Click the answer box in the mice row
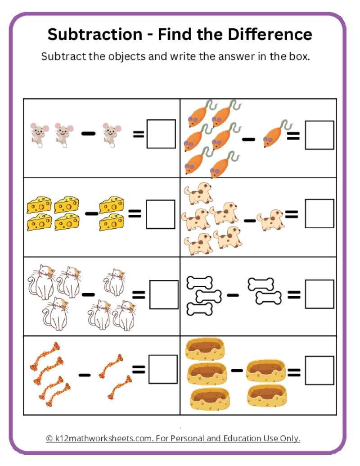pos(161,134)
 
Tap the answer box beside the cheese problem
pos(161,214)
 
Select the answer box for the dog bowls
pos(319,371)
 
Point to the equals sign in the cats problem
pos(139,295)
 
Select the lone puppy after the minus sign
pos(270,219)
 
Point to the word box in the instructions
pos(298,57)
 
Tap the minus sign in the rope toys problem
pos(84,375)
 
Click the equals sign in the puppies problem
pos(292,215)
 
